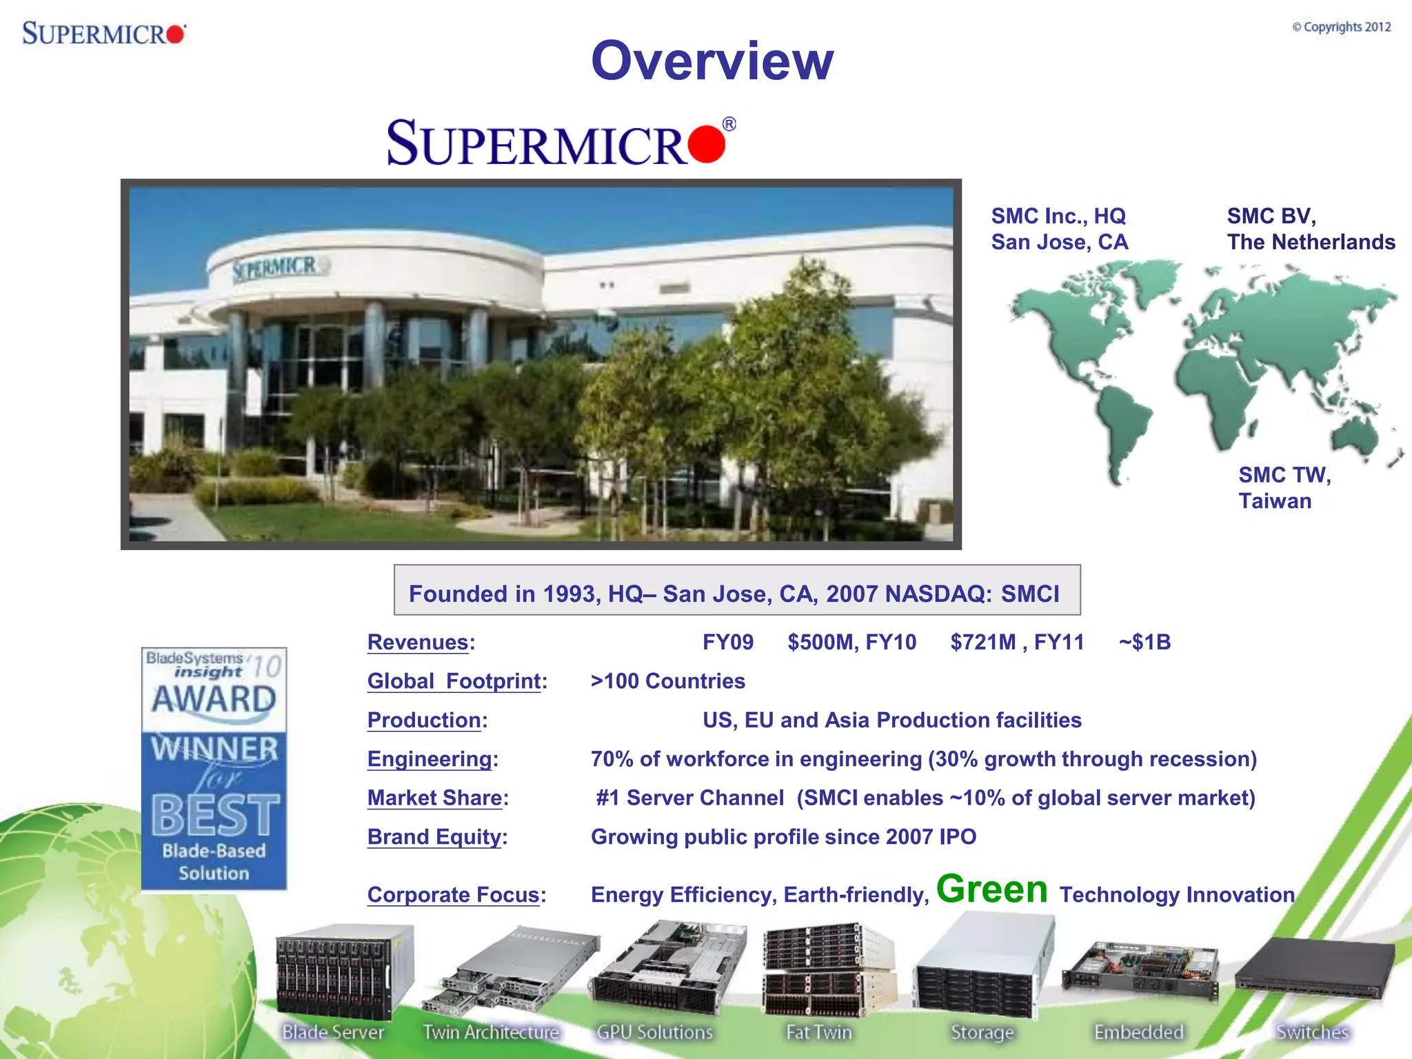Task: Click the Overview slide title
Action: coord(712,61)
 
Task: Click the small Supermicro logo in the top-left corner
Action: coord(103,33)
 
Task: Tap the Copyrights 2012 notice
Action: coord(1341,27)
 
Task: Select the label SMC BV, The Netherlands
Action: coord(1310,229)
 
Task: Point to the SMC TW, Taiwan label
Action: coord(1284,487)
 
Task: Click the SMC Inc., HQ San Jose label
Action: coord(1060,229)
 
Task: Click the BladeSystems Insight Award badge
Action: coord(214,768)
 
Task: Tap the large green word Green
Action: coord(991,889)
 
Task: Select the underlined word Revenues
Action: coord(418,643)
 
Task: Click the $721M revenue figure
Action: coord(982,643)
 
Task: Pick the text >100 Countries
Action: coord(667,681)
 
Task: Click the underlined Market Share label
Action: coord(434,798)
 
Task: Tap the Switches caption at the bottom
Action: coord(1312,1032)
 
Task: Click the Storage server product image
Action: coord(982,965)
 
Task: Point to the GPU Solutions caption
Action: coord(654,1032)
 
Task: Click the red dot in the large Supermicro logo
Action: coord(706,143)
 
